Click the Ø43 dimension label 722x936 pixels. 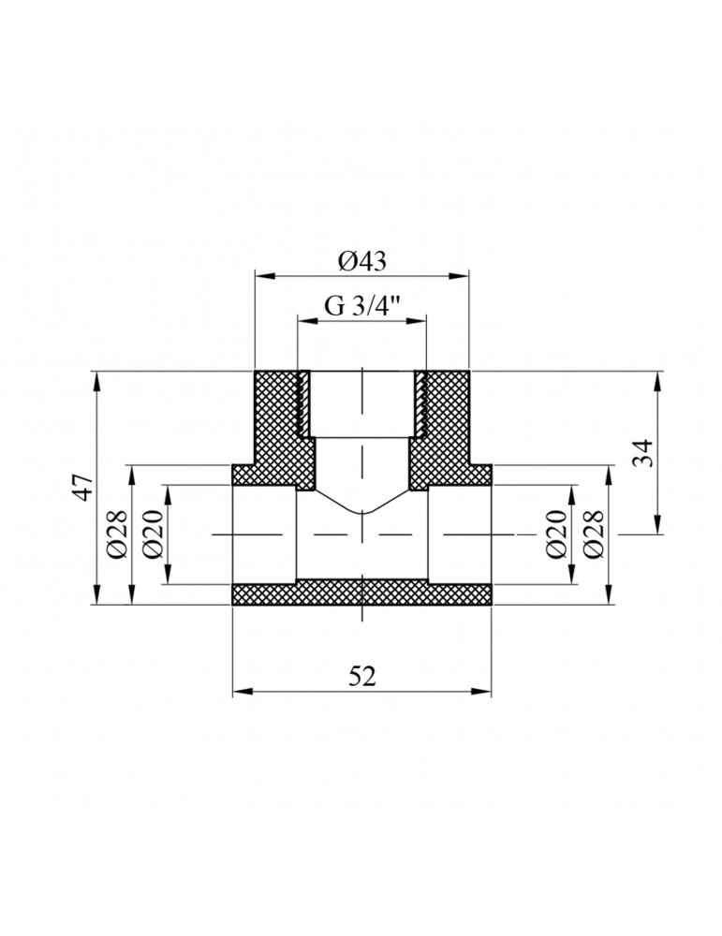[x=361, y=263]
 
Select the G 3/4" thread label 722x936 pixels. [x=362, y=306]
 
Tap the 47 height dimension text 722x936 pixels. [x=84, y=489]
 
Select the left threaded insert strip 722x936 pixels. [x=303, y=403]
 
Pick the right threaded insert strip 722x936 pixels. [x=420, y=403]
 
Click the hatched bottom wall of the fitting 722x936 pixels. [x=361, y=593]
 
